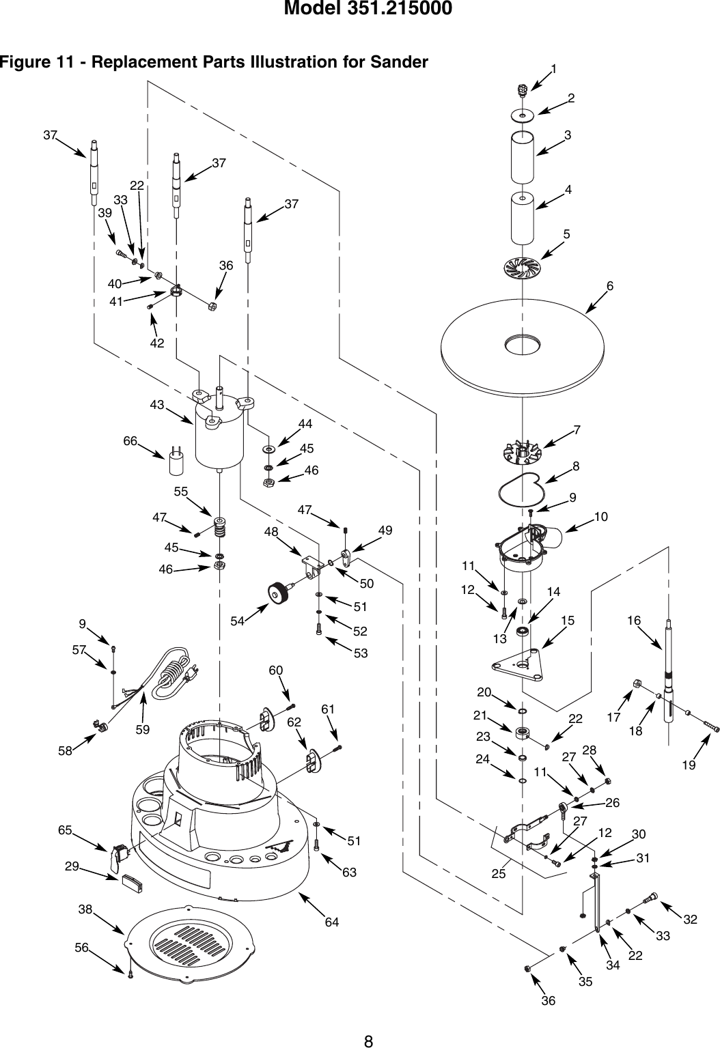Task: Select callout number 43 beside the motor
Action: coord(158,405)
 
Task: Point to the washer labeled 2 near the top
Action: coord(523,116)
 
